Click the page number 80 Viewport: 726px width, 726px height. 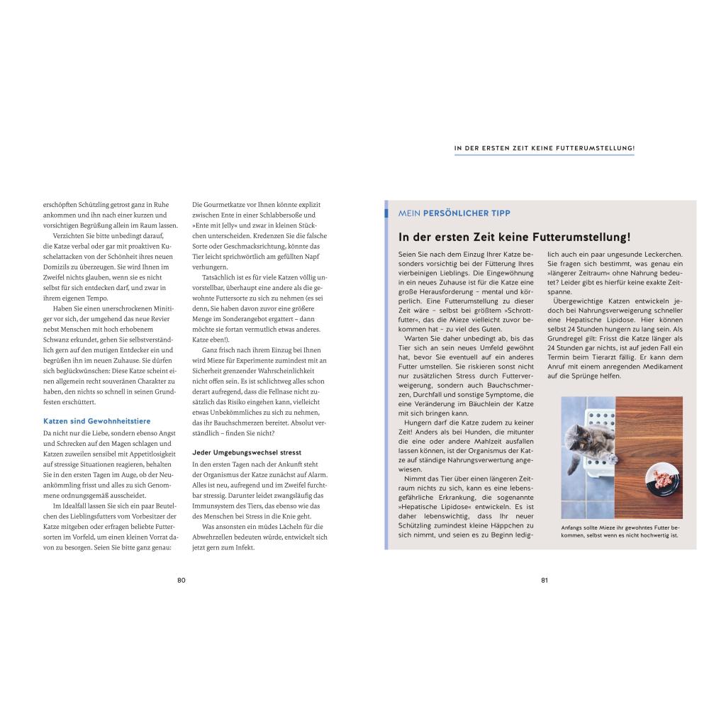point(181,580)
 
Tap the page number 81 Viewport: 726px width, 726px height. point(544,580)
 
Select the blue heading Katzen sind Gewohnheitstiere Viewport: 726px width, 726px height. point(87,420)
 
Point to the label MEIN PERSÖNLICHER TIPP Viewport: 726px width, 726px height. point(454,213)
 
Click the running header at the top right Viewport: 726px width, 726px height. point(544,149)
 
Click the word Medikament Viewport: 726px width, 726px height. point(662,367)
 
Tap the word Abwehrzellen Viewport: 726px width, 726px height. point(213,537)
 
